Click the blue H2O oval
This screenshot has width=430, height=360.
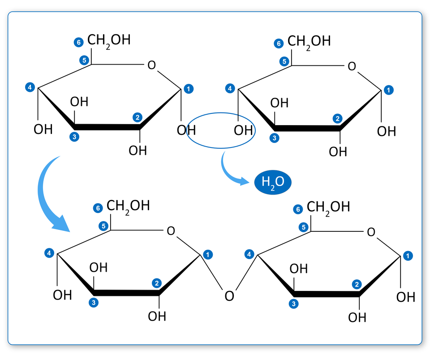(273, 182)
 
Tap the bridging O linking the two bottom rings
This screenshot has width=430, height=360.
(229, 296)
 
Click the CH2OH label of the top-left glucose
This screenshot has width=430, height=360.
(109, 40)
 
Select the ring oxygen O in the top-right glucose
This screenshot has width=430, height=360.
(352, 67)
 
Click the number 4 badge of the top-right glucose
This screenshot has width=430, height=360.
(230, 89)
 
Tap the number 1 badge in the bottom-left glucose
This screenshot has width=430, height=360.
(208, 254)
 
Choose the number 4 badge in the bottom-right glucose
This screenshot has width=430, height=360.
(249, 255)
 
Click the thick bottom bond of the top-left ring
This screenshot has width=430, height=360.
(107, 127)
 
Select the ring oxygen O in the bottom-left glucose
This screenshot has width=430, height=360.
(171, 231)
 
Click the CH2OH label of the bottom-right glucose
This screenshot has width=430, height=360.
(328, 207)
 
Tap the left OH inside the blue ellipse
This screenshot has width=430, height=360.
(186, 130)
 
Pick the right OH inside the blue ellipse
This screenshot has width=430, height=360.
(243, 130)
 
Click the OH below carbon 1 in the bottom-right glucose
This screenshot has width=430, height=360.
(405, 297)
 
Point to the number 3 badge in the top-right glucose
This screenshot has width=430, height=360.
(275, 138)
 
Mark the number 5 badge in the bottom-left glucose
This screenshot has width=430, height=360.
(103, 226)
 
